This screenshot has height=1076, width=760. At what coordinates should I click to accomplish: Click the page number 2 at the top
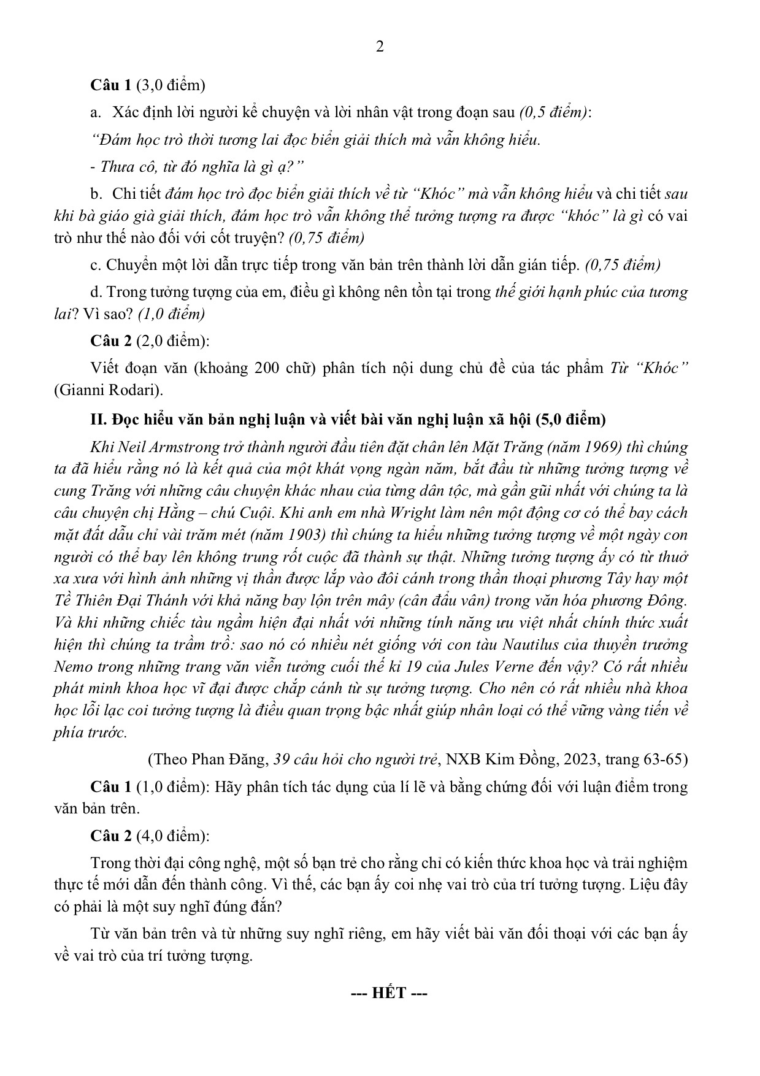click(380, 47)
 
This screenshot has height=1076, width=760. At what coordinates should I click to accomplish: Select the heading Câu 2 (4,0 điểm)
click(149, 836)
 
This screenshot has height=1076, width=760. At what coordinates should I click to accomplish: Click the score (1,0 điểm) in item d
click(171, 314)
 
